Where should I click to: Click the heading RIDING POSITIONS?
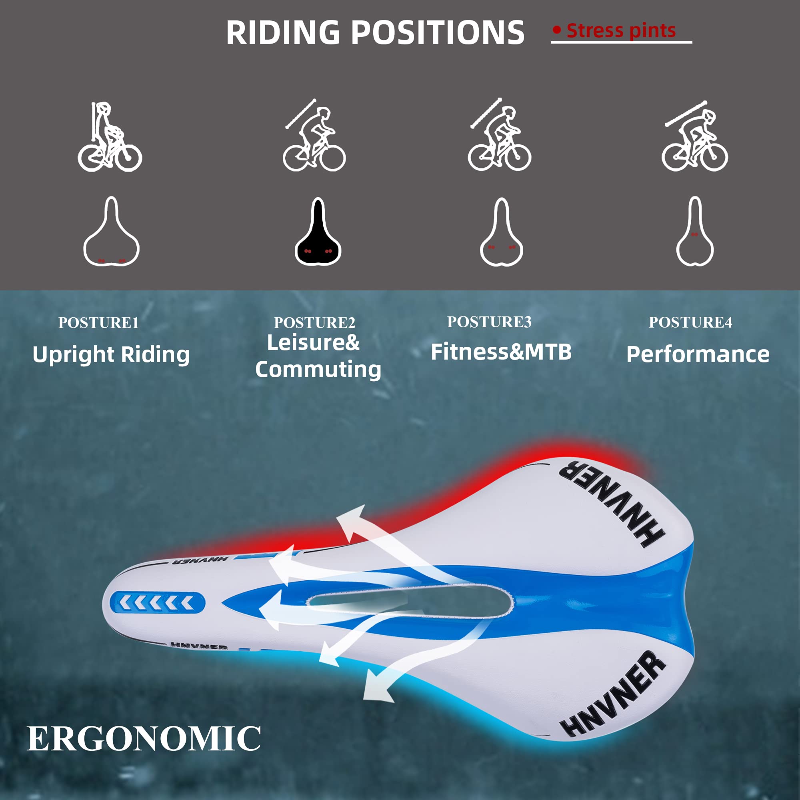coord(375,32)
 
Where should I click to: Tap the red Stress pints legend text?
coord(621,31)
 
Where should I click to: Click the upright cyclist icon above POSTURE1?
coord(110,137)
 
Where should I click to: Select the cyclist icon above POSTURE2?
coord(314,136)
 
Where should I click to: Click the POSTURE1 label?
coord(98,323)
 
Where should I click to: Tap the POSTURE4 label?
coord(690,322)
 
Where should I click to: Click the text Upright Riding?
coord(111,355)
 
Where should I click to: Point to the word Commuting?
coord(318,369)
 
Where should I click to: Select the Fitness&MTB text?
coord(501,352)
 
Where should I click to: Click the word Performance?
coord(698,355)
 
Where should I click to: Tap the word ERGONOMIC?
coord(144,739)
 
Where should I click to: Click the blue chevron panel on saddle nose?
coord(157,603)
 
